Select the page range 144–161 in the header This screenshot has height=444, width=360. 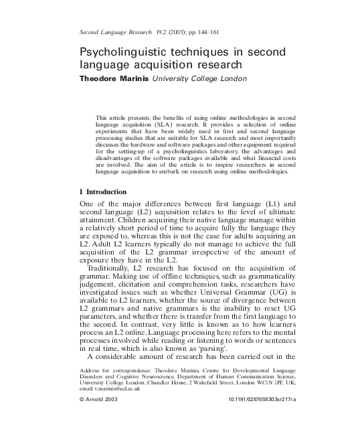pyautogui.click(x=198, y=31)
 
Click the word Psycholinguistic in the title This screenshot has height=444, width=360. pyautogui.click(x=122, y=52)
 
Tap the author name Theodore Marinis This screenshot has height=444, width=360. pyautogui.click(x=114, y=78)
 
